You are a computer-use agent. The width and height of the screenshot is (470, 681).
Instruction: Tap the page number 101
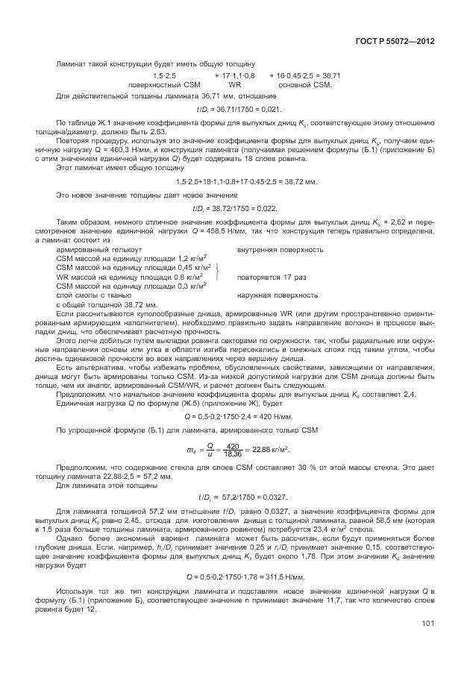pyautogui.click(x=427, y=644)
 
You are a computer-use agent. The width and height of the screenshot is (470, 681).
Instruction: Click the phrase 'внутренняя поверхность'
pyautogui.click(x=280, y=249)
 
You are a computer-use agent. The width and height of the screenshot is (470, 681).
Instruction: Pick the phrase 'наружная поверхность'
pyautogui.click(x=277, y=295)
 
